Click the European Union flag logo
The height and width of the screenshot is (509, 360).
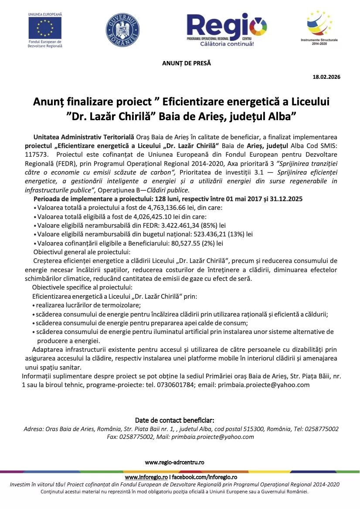(45, 27)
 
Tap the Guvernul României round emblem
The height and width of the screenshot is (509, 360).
(122, 29)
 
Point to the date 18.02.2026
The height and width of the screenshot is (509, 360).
(326, 77)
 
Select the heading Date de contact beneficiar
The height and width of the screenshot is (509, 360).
(174, 420)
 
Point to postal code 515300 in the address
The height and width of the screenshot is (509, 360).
(255, 429)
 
